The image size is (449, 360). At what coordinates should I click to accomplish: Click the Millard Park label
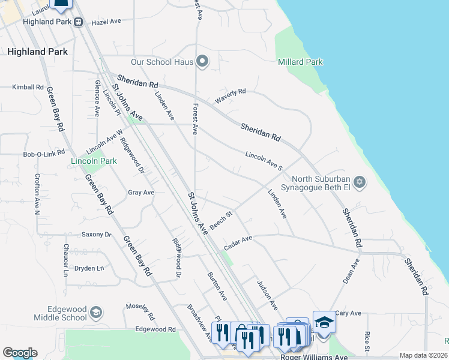click(301, 62)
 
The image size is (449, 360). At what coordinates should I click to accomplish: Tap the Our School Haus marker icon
click(202, 61)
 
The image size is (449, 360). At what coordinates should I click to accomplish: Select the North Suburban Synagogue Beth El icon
click(360, 182)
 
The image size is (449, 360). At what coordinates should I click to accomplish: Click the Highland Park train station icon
click(79, 22)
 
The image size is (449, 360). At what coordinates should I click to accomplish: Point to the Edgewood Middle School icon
click(96, 312)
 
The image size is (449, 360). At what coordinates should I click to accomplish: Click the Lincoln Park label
click(94, 161)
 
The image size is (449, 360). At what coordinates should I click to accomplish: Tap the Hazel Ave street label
click(106, 21)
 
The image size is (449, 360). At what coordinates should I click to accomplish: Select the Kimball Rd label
click(28, 87)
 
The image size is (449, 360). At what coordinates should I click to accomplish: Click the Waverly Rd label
click(231, 95)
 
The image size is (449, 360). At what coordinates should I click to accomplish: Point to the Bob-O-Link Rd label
click(44, 154)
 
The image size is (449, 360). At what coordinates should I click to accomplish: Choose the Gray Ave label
click(141, 193)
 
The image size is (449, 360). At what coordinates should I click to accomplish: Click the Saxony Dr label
click(97, 235)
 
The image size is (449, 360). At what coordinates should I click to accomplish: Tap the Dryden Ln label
click(89, 268)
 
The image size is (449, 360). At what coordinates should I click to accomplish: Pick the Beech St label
click(220, 217)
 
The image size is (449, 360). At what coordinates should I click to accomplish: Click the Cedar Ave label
click(238, 243)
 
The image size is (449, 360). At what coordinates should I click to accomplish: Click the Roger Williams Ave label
click(313, 357)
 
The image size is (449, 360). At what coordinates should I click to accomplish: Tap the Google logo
click(20, 353)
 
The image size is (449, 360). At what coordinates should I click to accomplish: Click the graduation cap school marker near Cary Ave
click(324, 322)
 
